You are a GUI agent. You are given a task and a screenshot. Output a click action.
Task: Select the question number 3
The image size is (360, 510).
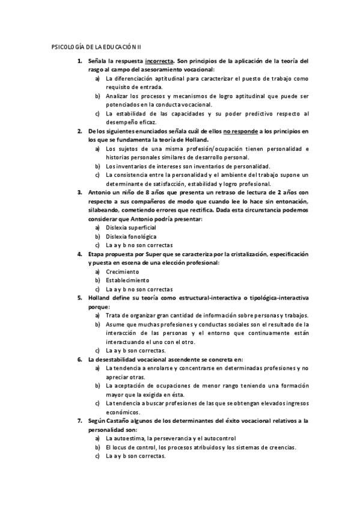tap(80, 192)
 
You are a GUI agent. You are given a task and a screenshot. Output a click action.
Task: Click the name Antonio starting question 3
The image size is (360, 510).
tap(100, 192)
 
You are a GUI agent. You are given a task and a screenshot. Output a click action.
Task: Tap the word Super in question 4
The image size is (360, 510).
tap(165, 254)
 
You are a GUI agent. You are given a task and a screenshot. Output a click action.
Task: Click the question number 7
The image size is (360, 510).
tap(80, 420)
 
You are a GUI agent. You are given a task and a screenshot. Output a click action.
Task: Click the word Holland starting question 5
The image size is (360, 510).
tap(101, 297)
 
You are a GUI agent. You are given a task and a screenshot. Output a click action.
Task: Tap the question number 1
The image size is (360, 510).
tap(80, 61)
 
